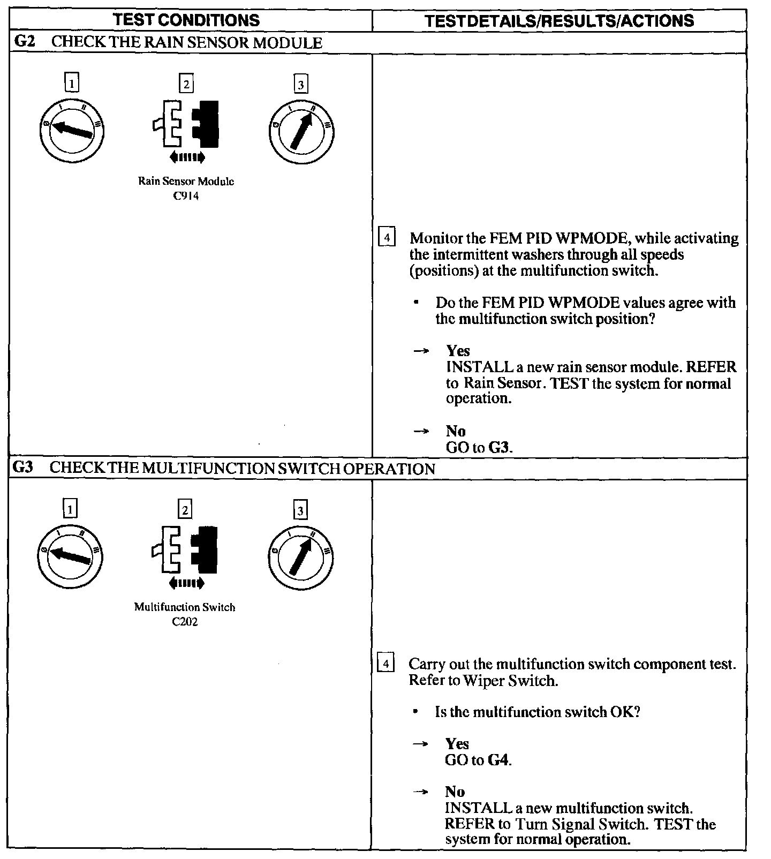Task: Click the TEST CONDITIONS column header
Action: point(187,20)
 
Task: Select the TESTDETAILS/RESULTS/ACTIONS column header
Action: point(559,21)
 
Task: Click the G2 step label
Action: point(25,42)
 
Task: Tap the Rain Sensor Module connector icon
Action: point(186,125)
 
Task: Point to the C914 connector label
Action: point(186,196)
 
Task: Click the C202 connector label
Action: point(185,622)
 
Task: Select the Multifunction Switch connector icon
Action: point(185,551)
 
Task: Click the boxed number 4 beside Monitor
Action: point(387,237)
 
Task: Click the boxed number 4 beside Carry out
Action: point(386,663)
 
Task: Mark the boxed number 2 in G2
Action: point(186,84)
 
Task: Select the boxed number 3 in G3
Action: point(300,510)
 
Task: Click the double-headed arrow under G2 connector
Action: point(186,157)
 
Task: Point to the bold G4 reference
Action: point(497,760)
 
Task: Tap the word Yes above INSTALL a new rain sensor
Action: point(458,351)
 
